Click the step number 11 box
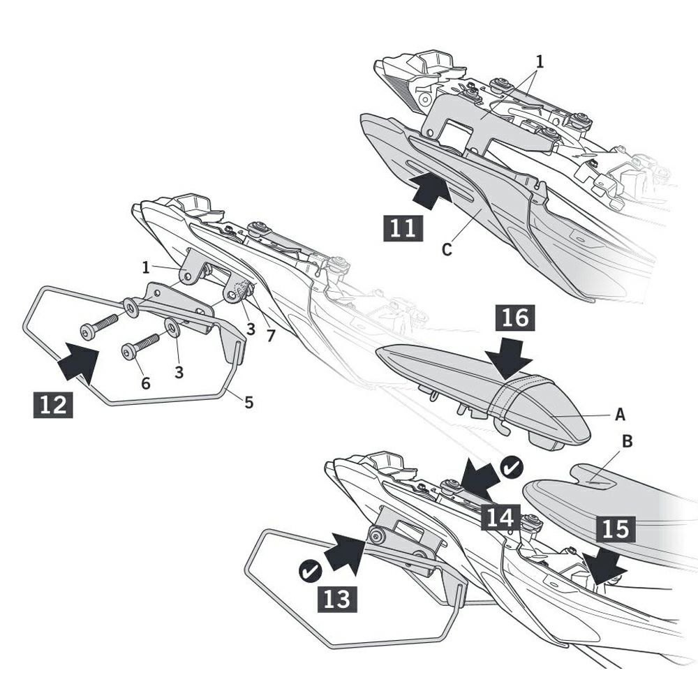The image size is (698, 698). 403,228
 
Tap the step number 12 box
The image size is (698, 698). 53,405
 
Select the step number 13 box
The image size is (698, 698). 337,598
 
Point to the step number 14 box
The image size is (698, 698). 500,518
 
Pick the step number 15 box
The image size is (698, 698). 616,529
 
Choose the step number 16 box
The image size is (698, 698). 515,318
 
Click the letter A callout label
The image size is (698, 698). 620,415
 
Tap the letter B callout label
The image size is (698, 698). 627,441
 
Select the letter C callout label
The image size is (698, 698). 447,249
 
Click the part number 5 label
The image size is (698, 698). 249,403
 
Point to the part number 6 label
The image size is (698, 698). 146,383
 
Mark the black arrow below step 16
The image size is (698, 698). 508,357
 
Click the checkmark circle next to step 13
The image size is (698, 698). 311,572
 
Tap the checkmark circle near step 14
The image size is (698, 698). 512,468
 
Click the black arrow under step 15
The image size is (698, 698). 604,567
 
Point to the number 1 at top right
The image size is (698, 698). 540,61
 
